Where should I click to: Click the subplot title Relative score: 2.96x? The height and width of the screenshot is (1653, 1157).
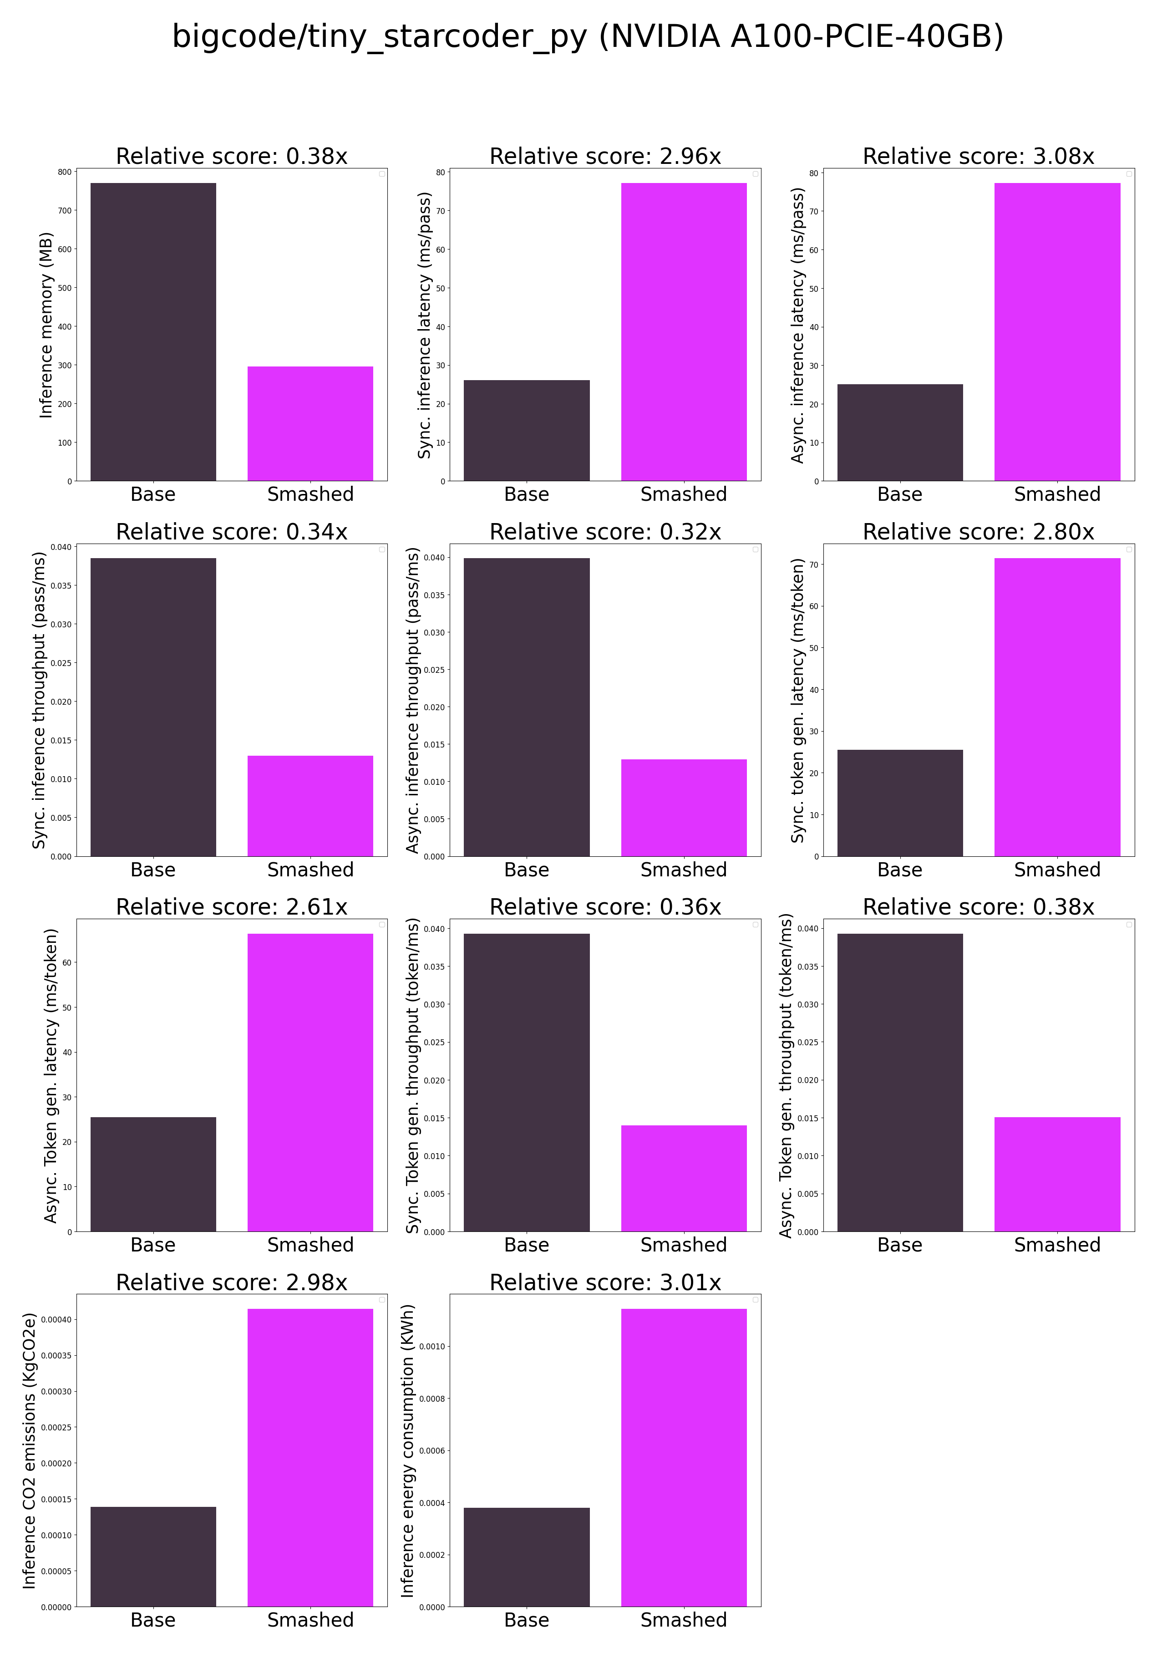[605, 156]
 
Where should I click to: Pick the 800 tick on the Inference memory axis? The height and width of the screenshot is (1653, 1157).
[65, 172]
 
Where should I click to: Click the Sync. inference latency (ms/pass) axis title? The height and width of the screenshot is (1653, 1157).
[424, 326]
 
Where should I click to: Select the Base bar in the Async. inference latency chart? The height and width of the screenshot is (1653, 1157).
[899, 432]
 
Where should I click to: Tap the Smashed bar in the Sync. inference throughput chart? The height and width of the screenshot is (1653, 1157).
[310, 806]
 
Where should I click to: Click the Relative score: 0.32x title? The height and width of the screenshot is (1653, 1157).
[605, 532]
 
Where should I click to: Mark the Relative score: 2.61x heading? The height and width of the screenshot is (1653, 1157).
[231, 907]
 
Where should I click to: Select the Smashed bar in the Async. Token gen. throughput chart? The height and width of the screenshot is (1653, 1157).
[1057, 1174]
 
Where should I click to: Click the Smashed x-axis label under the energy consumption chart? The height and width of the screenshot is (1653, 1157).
[683, 1620]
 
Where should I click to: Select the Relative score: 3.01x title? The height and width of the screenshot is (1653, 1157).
[605, 1282]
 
